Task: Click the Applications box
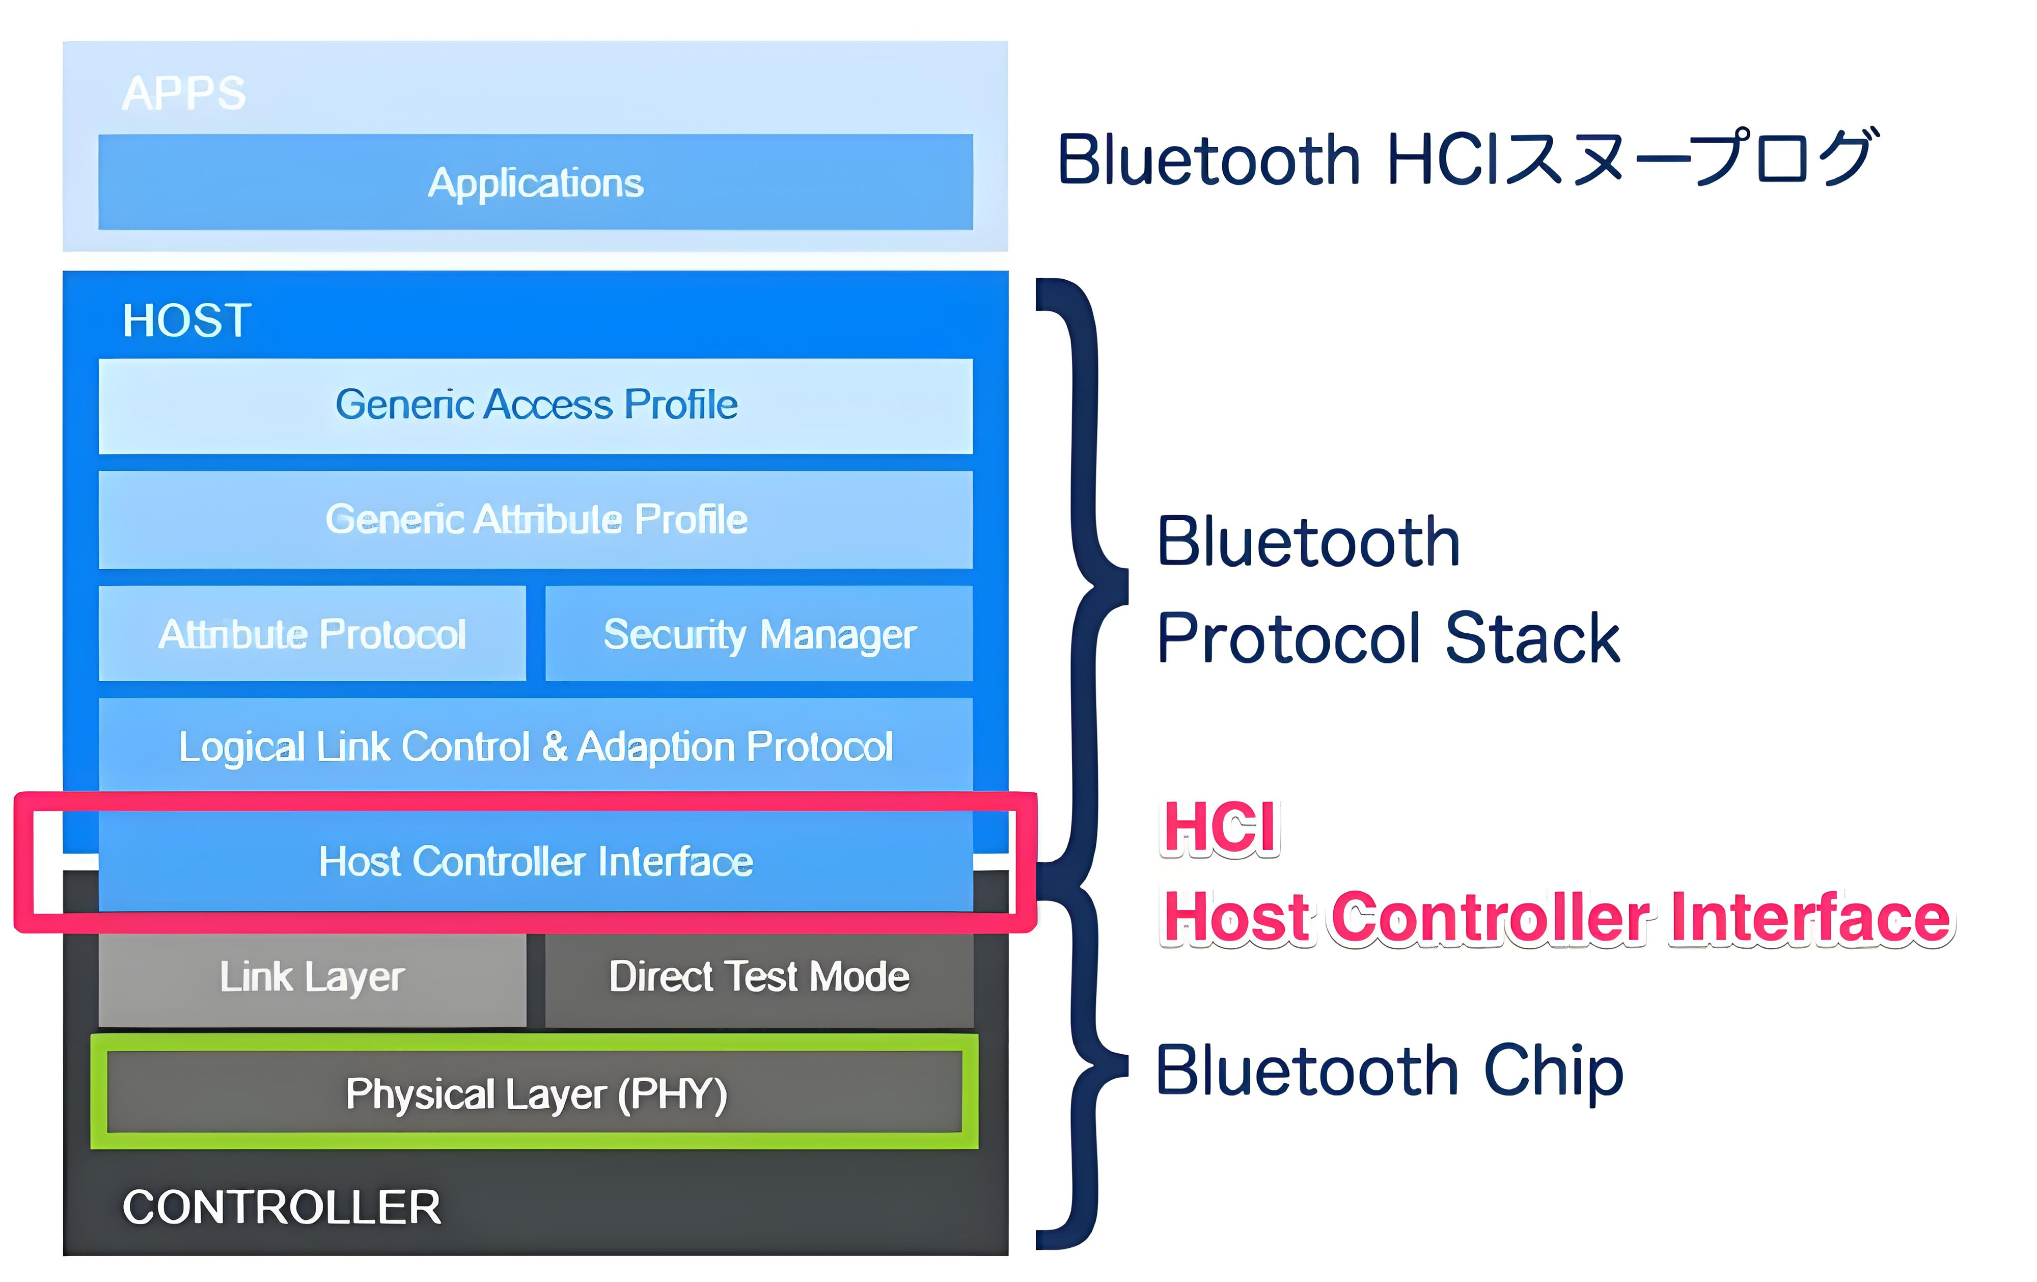click(535, 182)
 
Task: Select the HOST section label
click(187, 320)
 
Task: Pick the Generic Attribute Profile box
click(535, 520)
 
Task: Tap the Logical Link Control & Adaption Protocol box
click(535, 745)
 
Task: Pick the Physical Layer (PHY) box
click(535, 1091)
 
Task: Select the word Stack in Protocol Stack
click(1532, 638)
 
